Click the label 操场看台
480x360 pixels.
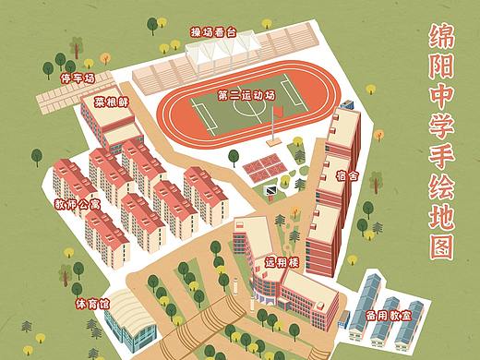[x=213, y=31]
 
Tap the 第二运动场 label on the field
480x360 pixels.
[x=246, y=94]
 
